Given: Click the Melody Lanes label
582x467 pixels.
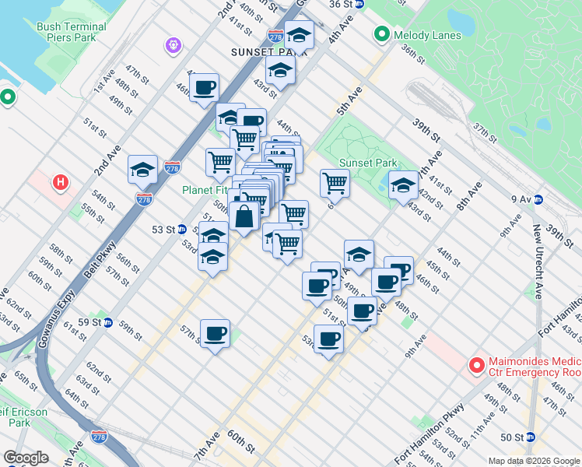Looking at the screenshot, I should [427, 35].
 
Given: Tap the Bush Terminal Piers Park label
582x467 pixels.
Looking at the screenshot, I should [71, 32].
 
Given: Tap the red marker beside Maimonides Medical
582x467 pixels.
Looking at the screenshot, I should [476, 364].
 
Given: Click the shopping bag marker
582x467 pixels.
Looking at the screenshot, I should [244, 216].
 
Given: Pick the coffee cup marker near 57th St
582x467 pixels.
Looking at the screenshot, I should [215, 333].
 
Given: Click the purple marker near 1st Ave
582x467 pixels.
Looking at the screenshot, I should [173, 47].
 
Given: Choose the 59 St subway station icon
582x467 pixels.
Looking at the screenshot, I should [108, 322].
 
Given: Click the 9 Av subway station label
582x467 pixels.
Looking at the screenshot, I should [521, 199].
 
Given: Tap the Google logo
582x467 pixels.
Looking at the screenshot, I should [26, 458].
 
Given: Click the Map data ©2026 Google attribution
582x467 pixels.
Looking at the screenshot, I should [533, 460].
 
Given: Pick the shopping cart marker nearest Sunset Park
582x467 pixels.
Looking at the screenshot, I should [335, 184].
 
